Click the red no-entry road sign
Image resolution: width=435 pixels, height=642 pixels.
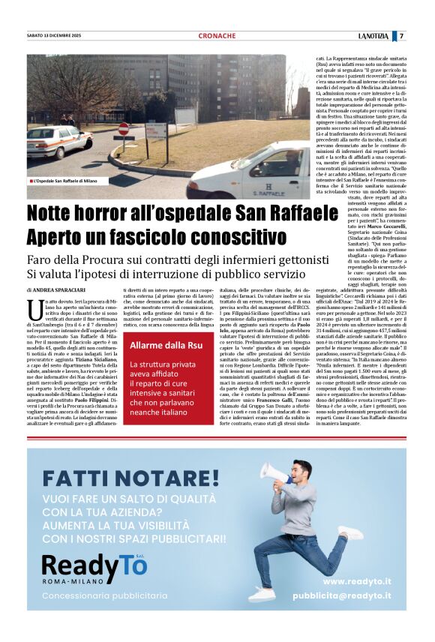pyautogui.click(x=124, y=129)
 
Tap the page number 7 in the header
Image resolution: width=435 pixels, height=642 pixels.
pyautogui.click(x=401, y=36)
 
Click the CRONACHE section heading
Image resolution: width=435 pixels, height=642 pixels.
pyautogui.click(x=217, y=36)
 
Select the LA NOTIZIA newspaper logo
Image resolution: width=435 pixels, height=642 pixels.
pyautogui.click(x=374, y=36)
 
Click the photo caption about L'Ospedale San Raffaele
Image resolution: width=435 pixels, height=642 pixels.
pyautogui.click(x=64, y=181)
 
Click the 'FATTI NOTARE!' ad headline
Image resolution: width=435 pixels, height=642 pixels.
pyautogui.click(x=131, y=477)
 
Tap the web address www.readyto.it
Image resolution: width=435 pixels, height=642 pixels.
pyautogui.click(x=357, y=581)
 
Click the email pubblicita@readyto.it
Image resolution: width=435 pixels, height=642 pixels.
pyautogui.click(x=341, y=595)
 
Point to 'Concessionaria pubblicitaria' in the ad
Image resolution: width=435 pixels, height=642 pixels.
pyautogui.click(x=105, y=595)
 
